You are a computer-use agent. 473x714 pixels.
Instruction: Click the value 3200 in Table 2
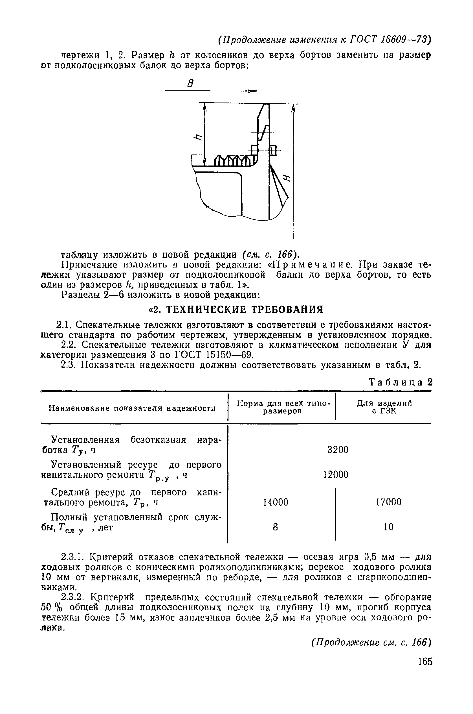[x=338, y=450]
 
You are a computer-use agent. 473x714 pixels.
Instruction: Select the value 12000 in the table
[x=336, y=474]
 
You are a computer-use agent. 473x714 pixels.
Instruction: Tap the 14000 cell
[x=275, y=502]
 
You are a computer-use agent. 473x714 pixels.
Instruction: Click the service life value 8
[x=275, y=527]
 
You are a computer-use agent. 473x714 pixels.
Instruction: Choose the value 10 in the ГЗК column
[x=389, y=527]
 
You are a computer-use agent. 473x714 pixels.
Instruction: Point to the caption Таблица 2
[x=401, y=382]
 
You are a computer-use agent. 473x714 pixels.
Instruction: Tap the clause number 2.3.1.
[x=73, y=556]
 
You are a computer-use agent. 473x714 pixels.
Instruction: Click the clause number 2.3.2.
[x=73, y=597]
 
